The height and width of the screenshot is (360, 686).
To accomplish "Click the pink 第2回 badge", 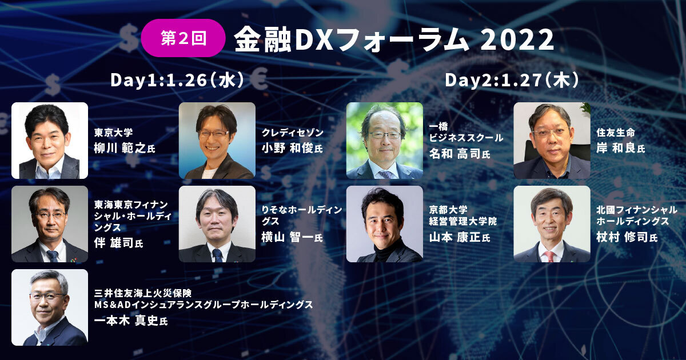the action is click(183, 38).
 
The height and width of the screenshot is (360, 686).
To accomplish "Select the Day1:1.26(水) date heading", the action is click(177, 80).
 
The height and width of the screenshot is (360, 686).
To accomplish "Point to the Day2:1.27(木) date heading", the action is click(512, 80).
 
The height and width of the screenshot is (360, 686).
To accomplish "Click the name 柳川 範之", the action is click(120, 148).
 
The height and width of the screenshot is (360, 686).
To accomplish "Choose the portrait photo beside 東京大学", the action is click(50, 141).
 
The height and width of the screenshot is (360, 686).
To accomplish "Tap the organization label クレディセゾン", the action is click(293, 133).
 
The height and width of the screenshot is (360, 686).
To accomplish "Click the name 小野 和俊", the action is click(288, 148).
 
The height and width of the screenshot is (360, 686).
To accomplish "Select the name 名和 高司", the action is click(456, 153).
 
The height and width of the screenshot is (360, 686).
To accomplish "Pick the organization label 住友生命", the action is click(616, 133).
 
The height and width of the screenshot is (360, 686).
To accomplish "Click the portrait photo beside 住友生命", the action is click(552, 141).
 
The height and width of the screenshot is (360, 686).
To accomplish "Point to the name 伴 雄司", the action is click(114, 243).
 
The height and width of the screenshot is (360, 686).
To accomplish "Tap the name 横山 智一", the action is click(288, 237).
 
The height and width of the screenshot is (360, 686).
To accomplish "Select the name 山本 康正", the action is click(456, 237).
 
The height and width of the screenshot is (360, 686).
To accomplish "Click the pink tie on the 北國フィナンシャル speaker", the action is click(550, 257).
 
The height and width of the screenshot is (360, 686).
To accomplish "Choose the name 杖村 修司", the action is click(623, 237).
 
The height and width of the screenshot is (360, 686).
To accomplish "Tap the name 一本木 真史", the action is click(126, 321).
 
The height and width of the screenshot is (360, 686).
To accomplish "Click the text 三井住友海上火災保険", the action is click(143, 293).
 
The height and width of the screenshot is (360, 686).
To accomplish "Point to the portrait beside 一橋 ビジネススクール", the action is click(385, 141).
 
